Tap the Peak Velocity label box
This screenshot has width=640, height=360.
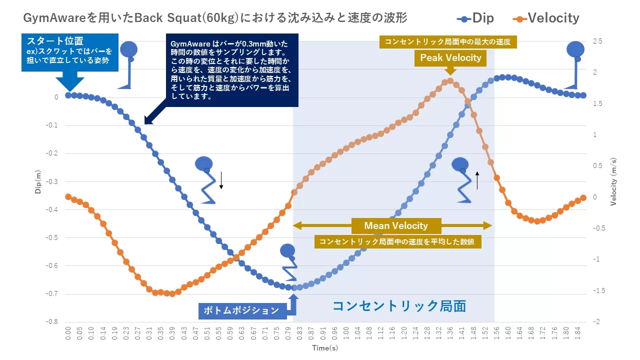tap(450, 58)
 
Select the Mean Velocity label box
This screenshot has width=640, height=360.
tap(395, 225)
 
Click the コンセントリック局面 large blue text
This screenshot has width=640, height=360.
tap(399, 305)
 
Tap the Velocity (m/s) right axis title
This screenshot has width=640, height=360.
tap(613, 182)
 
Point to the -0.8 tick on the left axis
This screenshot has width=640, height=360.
tap(52, 321)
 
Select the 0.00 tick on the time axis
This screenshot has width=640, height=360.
tap(68, 333)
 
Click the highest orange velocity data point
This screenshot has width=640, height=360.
tap(449, 80)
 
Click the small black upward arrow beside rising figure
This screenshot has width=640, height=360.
tap(477, 180)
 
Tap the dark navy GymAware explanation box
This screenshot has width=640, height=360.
tap(231, 70)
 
